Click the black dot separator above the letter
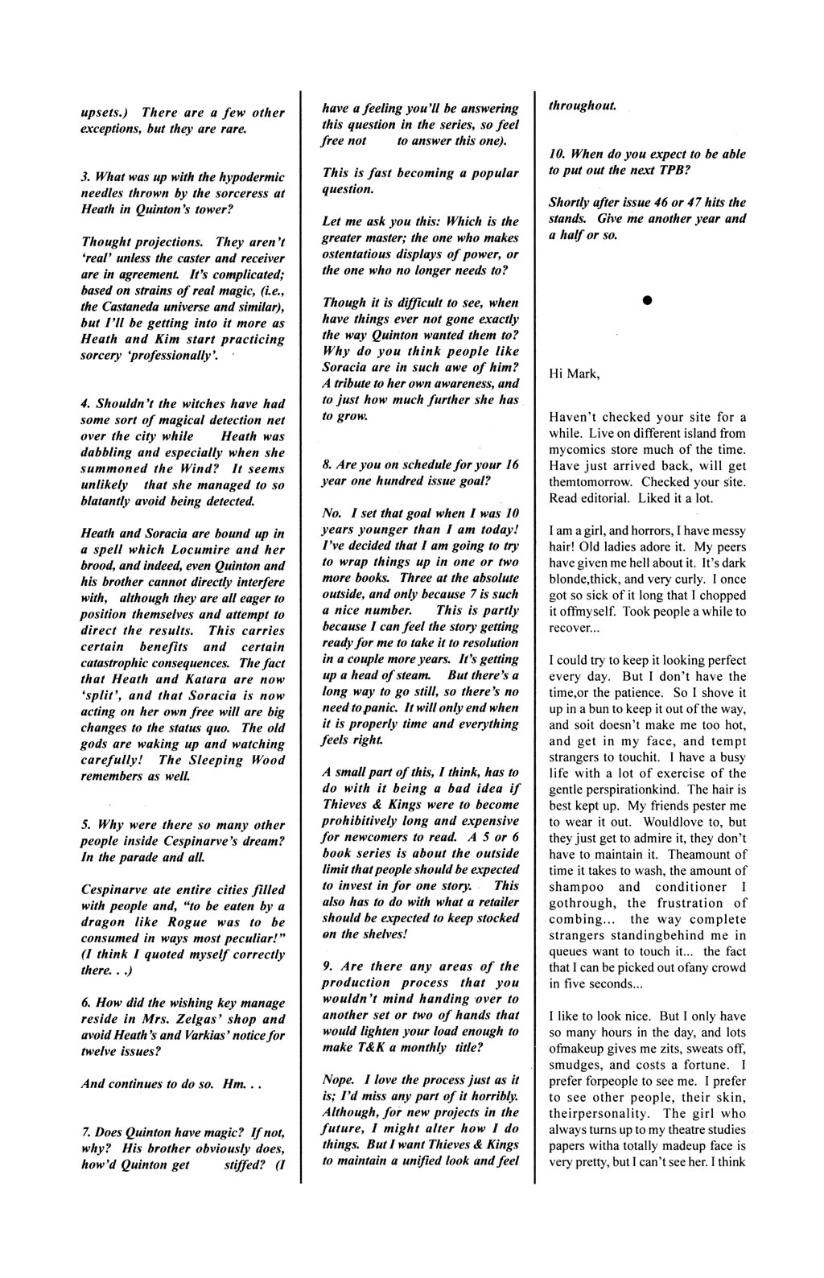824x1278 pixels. click(x=645, y=300)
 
